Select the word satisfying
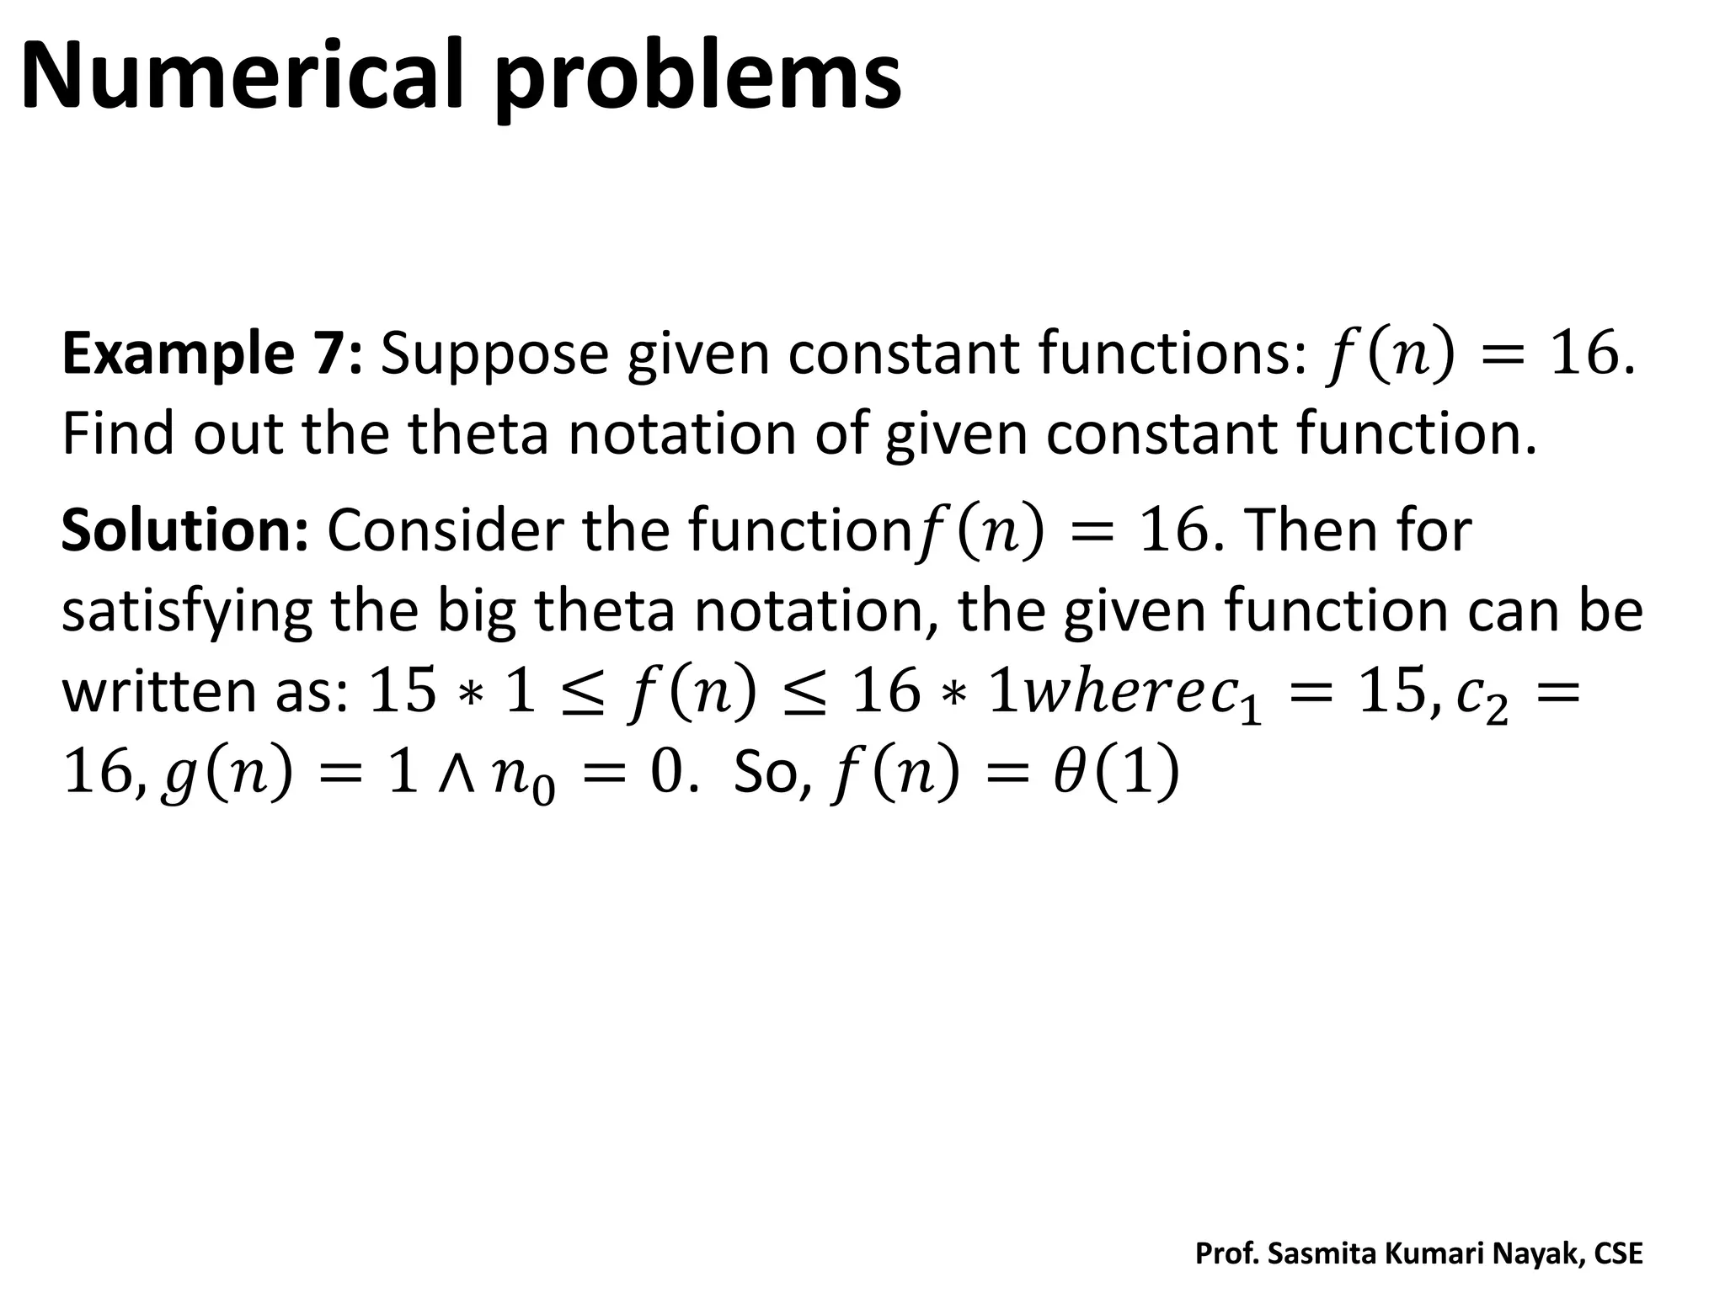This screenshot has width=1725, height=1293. point(185,612)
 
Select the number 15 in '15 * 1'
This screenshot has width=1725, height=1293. point(403,691)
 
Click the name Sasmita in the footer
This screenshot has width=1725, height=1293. point(1324,1254)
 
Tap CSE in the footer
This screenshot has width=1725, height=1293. point(1618,1254)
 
